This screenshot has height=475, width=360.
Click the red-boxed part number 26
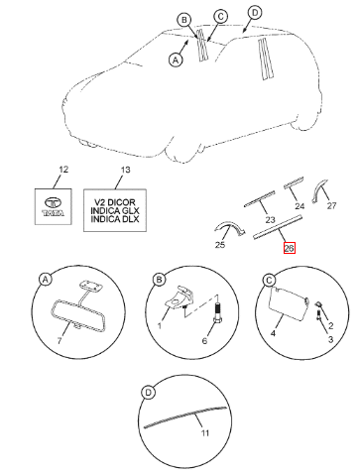point(289,248)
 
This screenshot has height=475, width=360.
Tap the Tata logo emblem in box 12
point(54,206)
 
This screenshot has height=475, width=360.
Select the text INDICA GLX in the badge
point(115,210)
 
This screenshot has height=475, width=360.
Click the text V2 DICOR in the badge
point(115,202)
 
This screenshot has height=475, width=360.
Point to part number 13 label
point(125,170)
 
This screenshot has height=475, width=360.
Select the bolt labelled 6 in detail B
point(217,311)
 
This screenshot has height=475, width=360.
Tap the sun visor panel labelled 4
point(288,303)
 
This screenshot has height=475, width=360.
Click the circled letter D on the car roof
point(255,13)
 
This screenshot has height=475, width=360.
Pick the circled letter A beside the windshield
point(176,59)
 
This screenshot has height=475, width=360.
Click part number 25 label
point(220,245)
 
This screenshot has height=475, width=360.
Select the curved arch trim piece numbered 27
point(319,190)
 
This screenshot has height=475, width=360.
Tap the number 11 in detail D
point(205,433)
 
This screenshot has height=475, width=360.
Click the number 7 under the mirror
point(60,340)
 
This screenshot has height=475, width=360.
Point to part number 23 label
point(270,219)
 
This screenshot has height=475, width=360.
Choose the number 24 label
point(300,206)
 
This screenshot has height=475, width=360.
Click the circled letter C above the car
point(220,16)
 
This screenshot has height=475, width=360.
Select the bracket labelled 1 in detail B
point(179,297)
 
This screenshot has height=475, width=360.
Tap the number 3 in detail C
point(330,339)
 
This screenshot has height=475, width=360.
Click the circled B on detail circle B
point(159,280)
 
